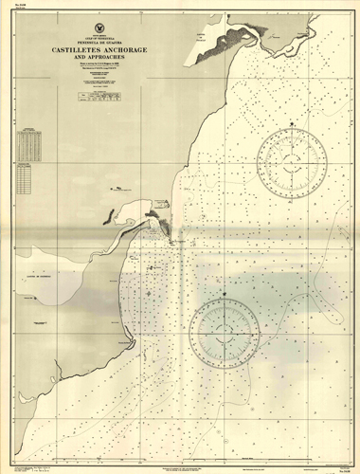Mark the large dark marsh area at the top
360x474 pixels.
click(x=232, y=35)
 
